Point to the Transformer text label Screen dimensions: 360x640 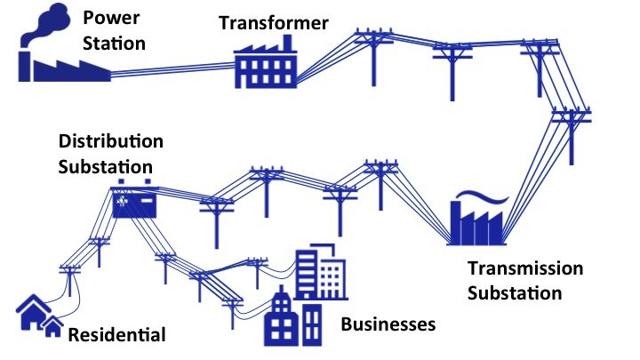(274, 22)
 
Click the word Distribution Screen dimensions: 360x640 (111, 142)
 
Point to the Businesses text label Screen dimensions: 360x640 (388, 324)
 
